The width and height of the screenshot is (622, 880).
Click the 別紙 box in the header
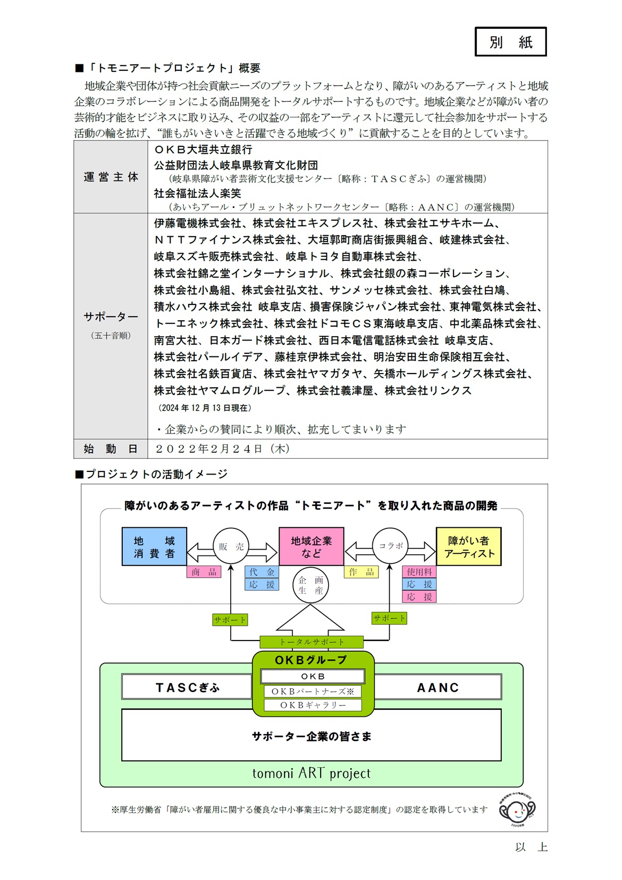point(510,41)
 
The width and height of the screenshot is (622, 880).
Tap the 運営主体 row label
point(111,177)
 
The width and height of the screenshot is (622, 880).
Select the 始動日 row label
point(111,449)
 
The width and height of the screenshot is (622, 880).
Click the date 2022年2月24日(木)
point(223,449)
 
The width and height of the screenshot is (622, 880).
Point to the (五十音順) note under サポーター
point(111,336)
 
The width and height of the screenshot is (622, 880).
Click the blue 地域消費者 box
point(154,546)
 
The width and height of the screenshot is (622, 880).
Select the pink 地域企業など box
point(311,546)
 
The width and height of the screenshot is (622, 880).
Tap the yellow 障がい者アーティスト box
point(468,546)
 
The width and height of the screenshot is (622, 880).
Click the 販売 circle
point(231,546)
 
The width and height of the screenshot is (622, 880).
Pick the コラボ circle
point(390,546)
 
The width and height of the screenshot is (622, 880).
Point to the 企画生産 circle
point(310,585)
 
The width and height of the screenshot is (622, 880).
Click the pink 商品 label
point(204,572)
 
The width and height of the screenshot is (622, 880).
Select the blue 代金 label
point(262,572)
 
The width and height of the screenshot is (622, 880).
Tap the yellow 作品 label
point(361,572)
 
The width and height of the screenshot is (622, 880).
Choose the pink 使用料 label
point(419,572)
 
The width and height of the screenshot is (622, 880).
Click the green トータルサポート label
point(311,642)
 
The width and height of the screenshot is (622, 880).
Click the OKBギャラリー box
point(313,705)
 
